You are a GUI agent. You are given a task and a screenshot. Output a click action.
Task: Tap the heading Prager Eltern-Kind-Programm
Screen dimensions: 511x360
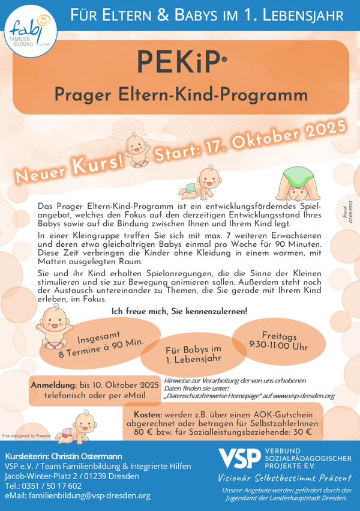180,94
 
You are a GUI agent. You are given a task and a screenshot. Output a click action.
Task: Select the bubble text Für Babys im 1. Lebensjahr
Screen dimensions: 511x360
194,354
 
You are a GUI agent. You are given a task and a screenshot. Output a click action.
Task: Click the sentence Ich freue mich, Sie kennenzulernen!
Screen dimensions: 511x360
179,310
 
